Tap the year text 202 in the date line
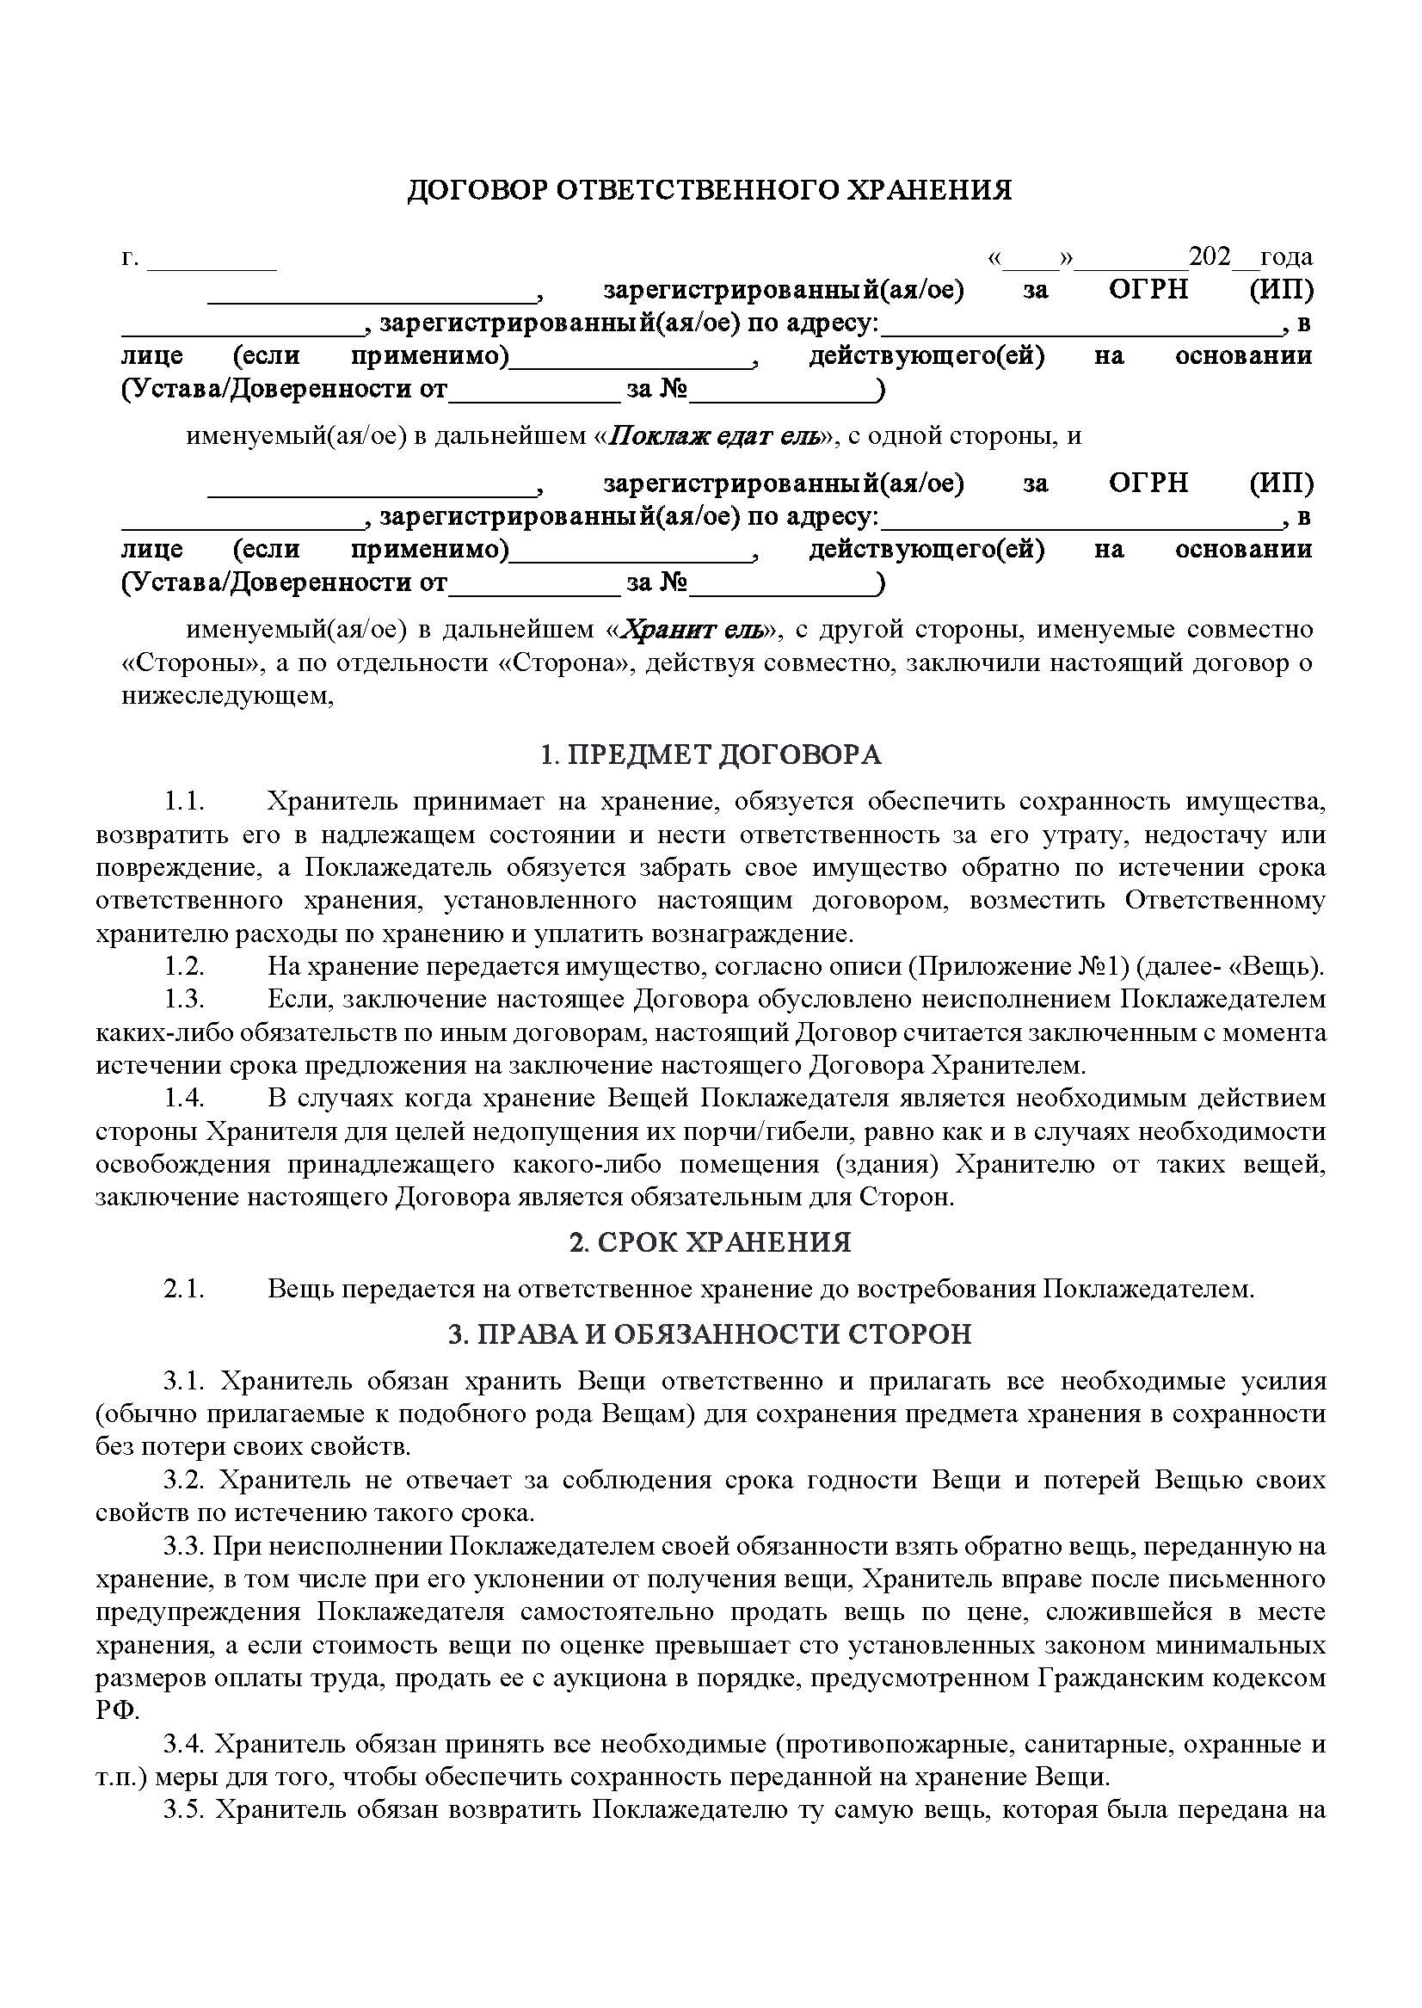click(x=1210, y=256)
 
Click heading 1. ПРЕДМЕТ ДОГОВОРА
click(x=710, y=754)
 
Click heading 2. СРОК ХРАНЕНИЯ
click(x=710, y=1241)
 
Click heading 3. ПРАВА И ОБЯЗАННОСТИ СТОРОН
click(x=710, y=1334)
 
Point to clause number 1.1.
click(x=184, y=801)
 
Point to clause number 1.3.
click(x=184, y=999)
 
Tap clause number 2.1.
click(x=184, y=1289)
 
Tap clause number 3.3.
click(x=184, y=1546)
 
